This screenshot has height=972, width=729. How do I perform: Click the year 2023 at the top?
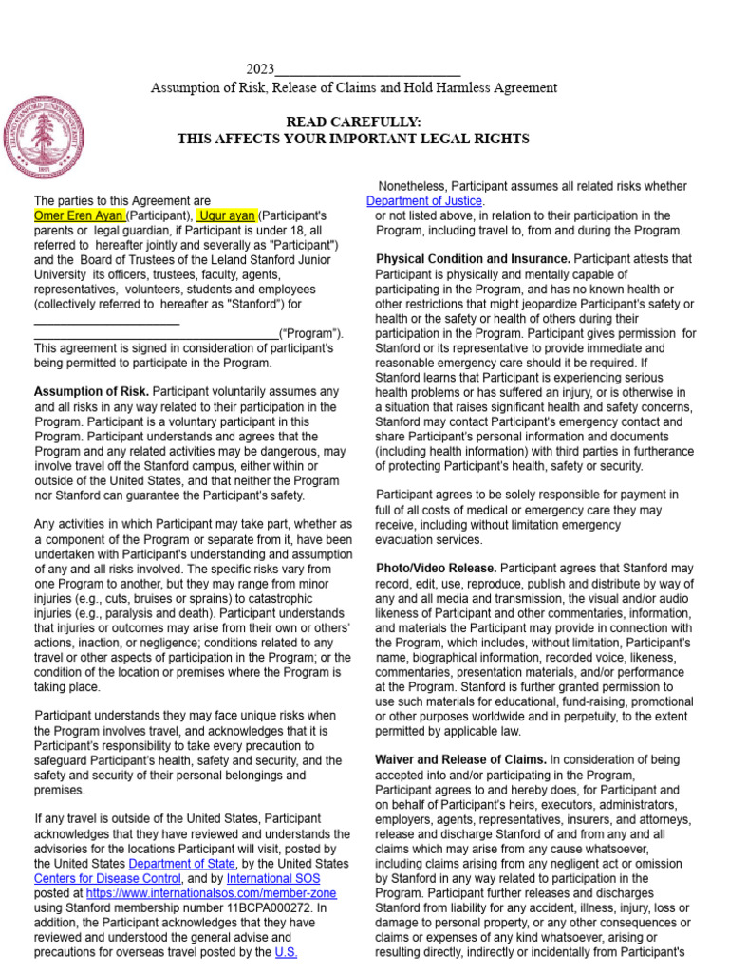[260, 69]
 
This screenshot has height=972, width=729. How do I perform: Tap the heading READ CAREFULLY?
[353, 121]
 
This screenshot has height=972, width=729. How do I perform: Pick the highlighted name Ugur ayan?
[227, 215]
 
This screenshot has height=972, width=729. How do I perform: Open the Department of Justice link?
[425, 201]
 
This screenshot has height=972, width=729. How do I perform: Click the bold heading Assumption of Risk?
[91, 392]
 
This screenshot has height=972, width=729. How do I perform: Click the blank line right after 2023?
[368, 69]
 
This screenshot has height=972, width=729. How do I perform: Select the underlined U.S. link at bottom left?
[287, 951]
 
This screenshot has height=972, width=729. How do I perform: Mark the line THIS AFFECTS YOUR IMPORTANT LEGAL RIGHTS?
[353, 139]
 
